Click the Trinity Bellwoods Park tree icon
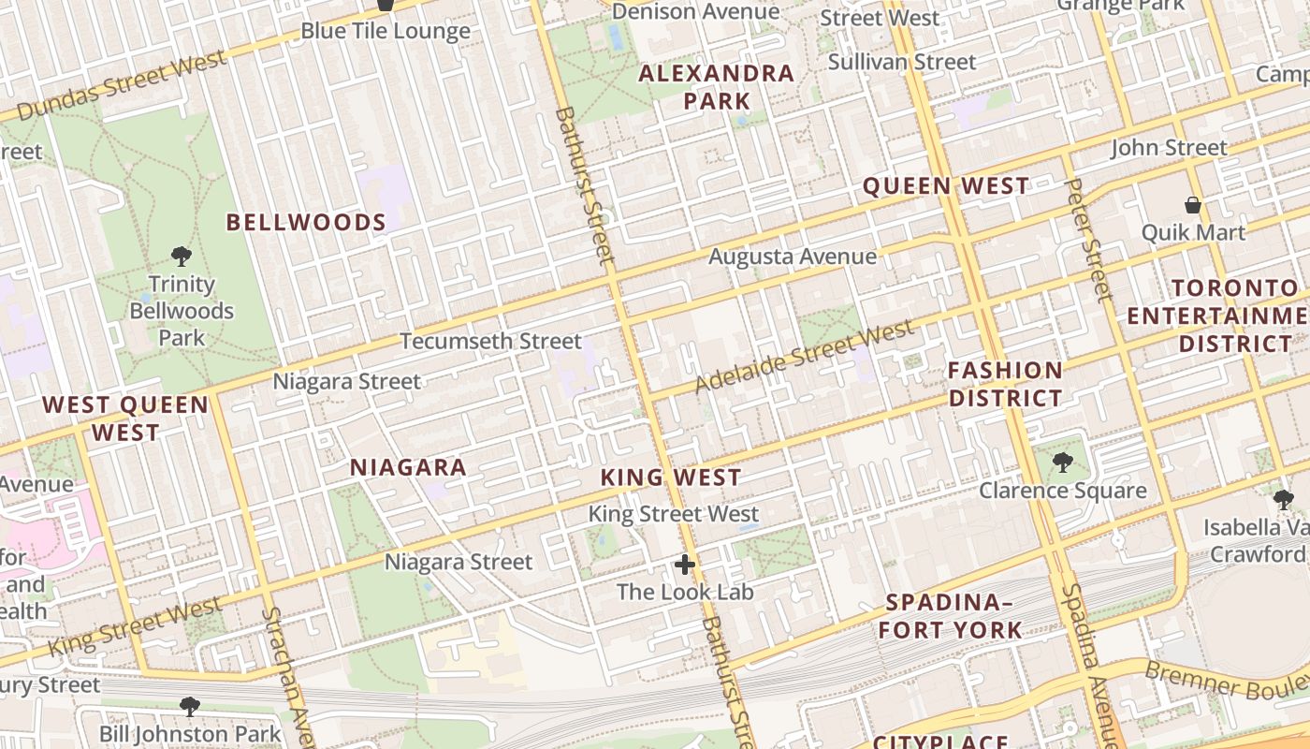(x=182, y=256)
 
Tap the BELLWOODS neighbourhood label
(x=306, y=222)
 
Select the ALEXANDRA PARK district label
(x=717, y=87)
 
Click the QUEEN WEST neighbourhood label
(x=945, y=185)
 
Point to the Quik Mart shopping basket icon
(x=1193, y=204)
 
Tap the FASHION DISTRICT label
(x=1005, y=384)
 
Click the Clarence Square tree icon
(x=1062, y=463)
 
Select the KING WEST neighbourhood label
(x=671, y=477)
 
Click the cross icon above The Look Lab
(x=685, y=565)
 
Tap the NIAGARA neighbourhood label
(x=408, y=467)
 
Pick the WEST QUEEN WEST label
(x=125, y=419)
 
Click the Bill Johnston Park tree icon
(x=190, y=706)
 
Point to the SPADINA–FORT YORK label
(x=951, y=615)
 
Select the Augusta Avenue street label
(x=793, y=257)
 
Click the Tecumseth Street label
(x=490, y=341)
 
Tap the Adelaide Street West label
(x=804, y=356)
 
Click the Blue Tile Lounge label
(x=385, y=31)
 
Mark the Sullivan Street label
(x=902, y=62)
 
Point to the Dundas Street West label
(x=122, y=85)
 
